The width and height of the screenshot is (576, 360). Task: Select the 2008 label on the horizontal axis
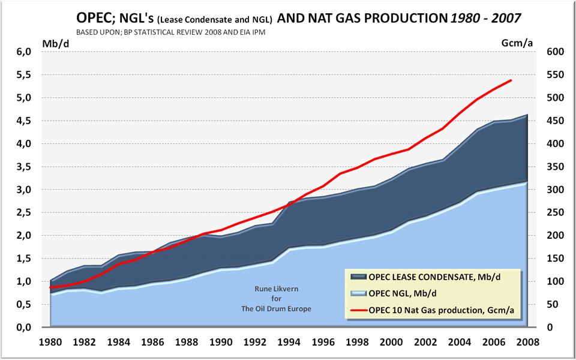(527, 343)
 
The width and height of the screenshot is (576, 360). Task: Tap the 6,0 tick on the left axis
(23, 52)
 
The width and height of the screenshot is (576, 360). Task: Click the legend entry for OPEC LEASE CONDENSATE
(431, 277)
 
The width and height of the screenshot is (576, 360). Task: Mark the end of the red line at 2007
(511, 80)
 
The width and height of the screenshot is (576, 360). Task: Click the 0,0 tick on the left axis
(23, 327)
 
